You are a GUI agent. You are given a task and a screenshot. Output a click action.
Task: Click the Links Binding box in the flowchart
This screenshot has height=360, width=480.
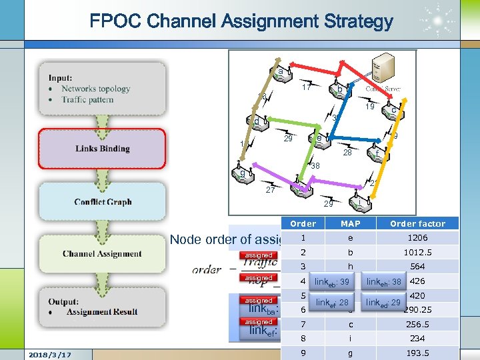point(102,149)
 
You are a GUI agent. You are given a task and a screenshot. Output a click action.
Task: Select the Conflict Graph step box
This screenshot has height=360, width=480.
point(102,201)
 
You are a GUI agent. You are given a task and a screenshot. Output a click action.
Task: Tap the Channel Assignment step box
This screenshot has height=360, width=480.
point(102,253)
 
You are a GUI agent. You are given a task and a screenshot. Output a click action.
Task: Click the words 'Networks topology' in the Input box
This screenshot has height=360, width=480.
point(95,89)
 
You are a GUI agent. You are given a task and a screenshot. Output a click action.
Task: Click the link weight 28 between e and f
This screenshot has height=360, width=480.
point(347,153)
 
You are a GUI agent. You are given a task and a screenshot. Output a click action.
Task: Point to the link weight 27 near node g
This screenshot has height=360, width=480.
point(271,190)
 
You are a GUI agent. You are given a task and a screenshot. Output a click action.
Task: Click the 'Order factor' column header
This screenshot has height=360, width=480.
point(417,223)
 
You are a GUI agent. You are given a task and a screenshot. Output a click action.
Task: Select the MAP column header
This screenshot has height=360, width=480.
point(350,223)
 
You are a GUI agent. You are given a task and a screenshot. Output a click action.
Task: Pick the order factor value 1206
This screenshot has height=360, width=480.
point(417,238)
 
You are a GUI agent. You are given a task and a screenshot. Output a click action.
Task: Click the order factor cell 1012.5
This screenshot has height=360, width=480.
point(417,253)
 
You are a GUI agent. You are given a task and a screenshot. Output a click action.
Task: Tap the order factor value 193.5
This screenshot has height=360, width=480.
point(417,353)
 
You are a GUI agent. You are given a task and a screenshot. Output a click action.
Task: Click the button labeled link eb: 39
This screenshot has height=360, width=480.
point(333,282)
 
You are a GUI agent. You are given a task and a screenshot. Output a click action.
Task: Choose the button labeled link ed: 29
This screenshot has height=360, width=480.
point(383,303)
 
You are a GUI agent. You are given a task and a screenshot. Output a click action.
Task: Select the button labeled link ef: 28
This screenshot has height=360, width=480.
point(333,303)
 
